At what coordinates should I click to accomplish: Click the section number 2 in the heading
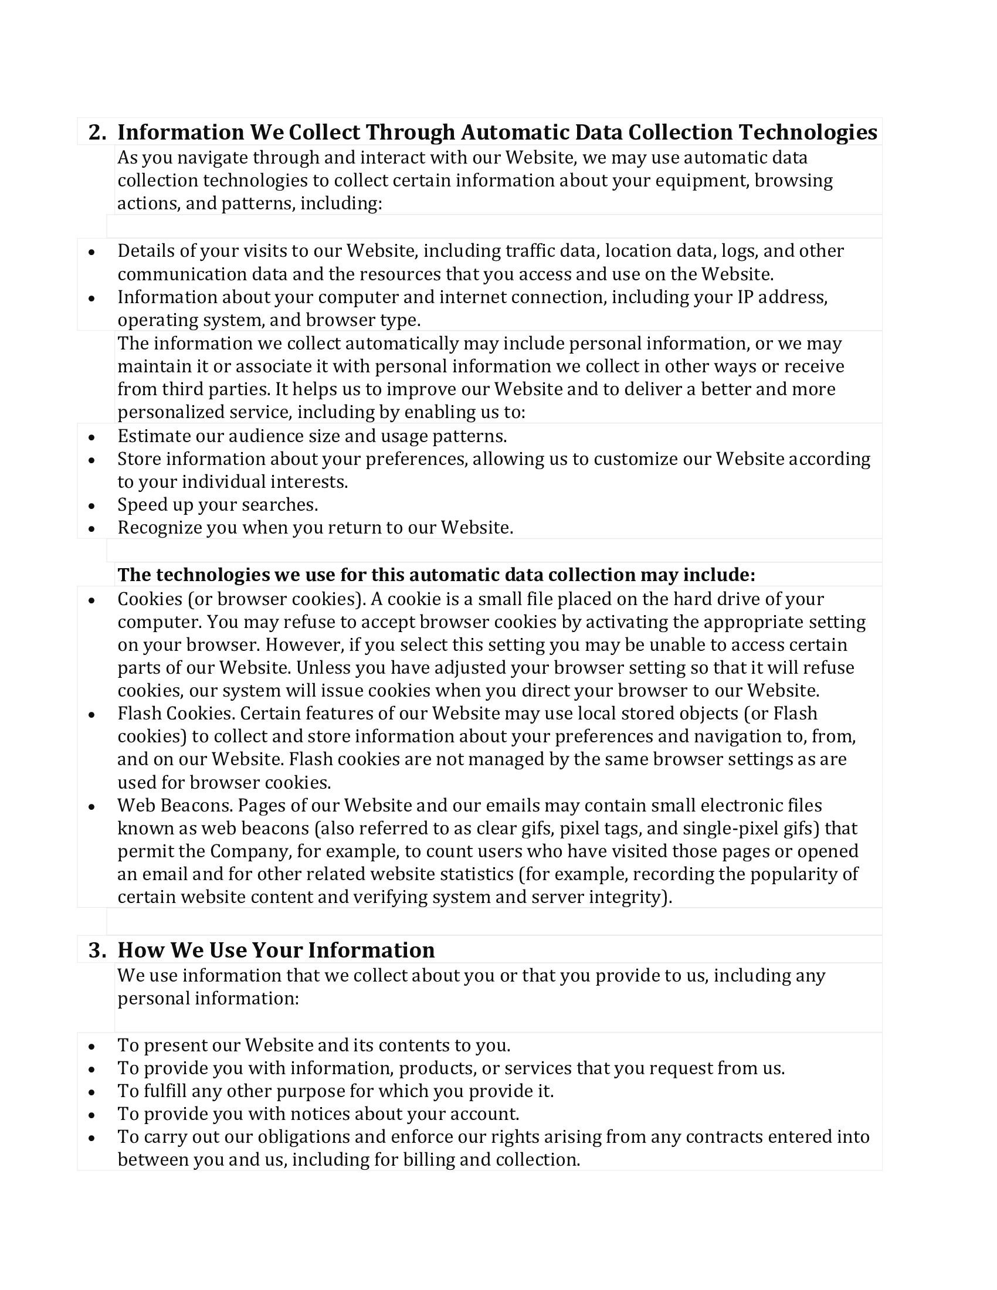pyautogui.click(x=94, y=133)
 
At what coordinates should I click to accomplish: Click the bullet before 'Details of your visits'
pyautogui.click(x=91, y=252)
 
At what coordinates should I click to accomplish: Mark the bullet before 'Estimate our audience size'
pyautogui.click(x=91, y=437)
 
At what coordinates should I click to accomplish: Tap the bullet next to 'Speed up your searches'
pyautogui.click(x=91, y=506)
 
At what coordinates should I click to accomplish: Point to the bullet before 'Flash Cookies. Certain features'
pyautogui.click(x=91, y=715)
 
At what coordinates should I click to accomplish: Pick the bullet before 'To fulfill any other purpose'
pyautogui.click(x=91, y=1092)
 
